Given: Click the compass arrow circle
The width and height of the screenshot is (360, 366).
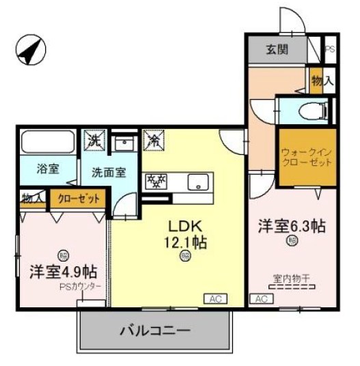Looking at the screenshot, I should click(30, 51).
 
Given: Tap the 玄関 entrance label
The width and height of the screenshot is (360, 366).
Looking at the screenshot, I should click(277, 49).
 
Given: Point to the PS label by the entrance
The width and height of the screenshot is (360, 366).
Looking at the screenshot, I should click(330, 49).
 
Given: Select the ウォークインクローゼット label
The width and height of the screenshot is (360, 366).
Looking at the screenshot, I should click(306, 158).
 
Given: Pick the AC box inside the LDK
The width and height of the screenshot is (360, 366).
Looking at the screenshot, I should click(214, 298).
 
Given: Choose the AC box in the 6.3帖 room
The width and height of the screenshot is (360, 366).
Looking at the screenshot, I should click(260, 298).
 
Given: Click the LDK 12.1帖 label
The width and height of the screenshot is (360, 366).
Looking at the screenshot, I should click(184, 234).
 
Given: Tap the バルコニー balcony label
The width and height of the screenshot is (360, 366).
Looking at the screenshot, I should click(154, 331).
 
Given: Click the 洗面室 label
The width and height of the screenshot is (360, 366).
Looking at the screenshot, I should click(109, 173).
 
